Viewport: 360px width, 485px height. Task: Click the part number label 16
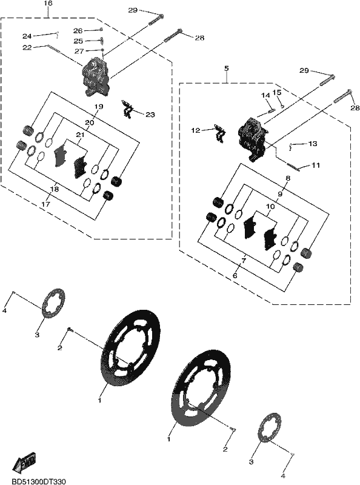pos(48,4)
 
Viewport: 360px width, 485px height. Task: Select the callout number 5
pos(227,69)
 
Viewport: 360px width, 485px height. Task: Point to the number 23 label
pos(150,115)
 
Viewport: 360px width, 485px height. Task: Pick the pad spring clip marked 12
pos(220,133)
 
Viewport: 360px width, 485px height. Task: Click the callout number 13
pos(313,144)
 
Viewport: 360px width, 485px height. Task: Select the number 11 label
pos(316,166)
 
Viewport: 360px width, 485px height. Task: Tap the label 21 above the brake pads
pos(81,135)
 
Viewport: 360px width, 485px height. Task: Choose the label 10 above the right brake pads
pos(270,206)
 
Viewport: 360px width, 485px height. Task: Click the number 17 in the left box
pos(46,204)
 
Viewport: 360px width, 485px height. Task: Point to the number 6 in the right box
pos(235,275)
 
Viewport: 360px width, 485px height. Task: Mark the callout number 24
pos(27,36)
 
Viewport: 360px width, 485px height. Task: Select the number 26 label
pos(78,31)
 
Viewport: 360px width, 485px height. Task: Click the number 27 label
pos(79,51)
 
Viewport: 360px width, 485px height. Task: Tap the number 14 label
pos(265,96)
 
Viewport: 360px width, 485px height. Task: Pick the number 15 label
pos(277,92)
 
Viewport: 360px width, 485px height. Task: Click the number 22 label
pos(27,48)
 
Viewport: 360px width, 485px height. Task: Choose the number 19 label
pos(99,107)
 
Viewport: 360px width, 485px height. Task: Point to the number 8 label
pos(288,178)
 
